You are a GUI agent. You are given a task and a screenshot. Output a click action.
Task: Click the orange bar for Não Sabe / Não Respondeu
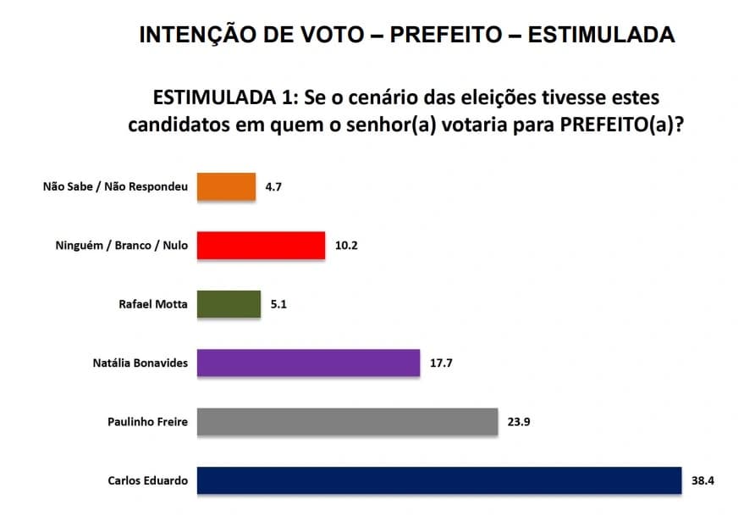[226, 186]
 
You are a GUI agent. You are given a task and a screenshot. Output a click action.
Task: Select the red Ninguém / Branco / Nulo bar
[261, 246]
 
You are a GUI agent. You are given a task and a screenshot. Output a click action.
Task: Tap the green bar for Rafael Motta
[229, 304]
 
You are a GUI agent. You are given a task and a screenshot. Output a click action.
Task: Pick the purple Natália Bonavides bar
[308, 363]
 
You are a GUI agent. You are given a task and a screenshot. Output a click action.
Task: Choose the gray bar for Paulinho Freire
[346, 422]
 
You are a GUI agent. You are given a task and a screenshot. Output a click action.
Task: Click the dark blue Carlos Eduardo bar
[438, 480]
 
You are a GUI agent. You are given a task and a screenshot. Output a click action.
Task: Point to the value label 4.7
[273, 186]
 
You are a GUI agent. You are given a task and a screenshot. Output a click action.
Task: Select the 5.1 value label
[278, 304]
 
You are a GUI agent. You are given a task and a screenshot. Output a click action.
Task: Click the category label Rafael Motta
[152, 304]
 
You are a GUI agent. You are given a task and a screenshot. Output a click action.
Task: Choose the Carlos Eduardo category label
[148, 480]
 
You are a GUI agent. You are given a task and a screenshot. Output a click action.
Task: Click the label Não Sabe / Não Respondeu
[115, 186]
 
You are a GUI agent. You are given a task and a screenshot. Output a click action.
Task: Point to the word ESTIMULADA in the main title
[601, 35]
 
